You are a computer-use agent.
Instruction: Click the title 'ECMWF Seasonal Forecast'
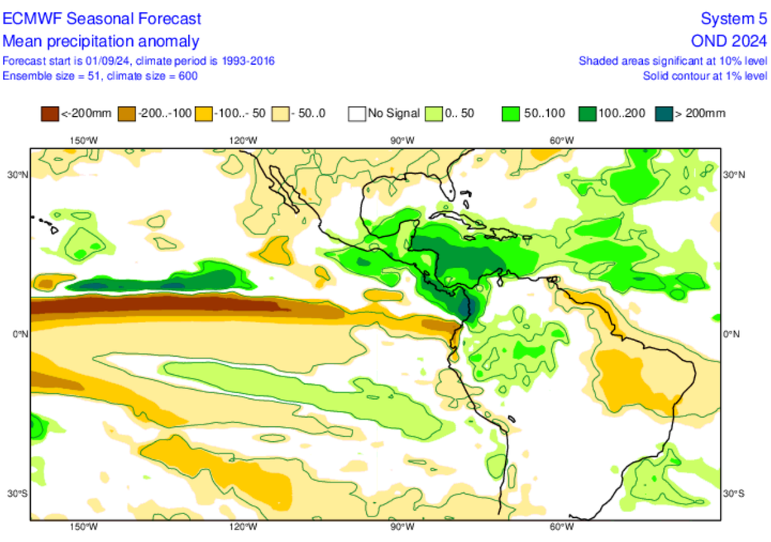coord(102,18)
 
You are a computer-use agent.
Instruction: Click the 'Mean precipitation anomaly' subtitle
coord(101,41)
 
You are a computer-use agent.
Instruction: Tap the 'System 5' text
coord(733,18)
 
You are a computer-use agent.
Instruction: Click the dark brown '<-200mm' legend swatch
coord(50,114)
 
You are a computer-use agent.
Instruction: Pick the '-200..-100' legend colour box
coord(126,114)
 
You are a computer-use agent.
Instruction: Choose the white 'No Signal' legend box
coord(357,114)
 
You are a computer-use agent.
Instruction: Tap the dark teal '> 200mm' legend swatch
coord(664,114)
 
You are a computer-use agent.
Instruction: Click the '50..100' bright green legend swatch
coord(510,114)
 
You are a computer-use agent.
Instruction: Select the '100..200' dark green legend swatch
coord(587,114)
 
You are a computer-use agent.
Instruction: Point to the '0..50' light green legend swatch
coord(434,114)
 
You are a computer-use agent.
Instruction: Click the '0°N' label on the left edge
coord(20,334)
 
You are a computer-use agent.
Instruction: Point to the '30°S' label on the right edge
coord(733,494)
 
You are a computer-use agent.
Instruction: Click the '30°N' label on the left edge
coord(18,175)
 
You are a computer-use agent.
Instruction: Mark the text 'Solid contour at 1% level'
coord(705,76)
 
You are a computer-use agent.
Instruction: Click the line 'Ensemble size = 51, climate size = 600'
coord(100,76)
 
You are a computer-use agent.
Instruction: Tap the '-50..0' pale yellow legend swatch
coord(280,114)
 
